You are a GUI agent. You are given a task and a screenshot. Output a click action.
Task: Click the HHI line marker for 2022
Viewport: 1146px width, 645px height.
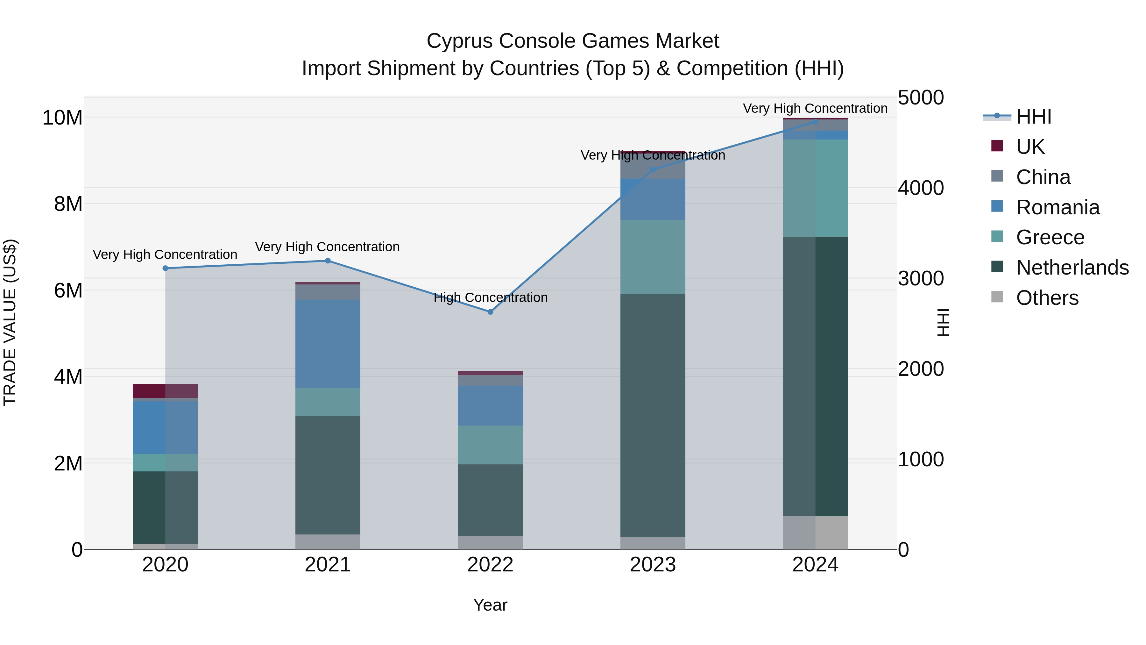(490, 312)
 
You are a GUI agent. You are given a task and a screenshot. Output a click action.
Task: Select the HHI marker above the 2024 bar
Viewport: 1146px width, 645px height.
(816, 122)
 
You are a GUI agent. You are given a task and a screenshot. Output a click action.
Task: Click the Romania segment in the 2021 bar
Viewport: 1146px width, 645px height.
(328, 344)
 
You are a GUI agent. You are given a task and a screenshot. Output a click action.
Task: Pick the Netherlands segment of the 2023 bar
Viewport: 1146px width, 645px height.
(653, 415)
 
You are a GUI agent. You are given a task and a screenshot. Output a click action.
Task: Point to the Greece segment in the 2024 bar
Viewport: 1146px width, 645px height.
(816, 188)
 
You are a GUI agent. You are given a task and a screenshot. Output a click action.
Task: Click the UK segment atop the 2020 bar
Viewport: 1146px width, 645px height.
(165, 391)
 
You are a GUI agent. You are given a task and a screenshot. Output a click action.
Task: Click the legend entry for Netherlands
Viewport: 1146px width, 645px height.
(1072, 268)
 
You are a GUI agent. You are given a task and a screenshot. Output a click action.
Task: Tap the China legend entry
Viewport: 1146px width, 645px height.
(1043, 177)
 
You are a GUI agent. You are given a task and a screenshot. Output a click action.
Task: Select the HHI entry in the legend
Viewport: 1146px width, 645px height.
(1033, 117)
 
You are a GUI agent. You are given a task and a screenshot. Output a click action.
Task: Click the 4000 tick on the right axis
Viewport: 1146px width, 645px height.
(920, 188)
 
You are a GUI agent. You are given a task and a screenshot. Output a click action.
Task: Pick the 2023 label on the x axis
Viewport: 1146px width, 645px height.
(653, 565)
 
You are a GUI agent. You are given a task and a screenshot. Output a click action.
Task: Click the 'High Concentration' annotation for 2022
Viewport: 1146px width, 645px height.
(490, 297)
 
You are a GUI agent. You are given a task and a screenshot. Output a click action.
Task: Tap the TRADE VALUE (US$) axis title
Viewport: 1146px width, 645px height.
(10, 322)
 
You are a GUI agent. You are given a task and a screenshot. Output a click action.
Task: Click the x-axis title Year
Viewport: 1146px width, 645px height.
(490, 605)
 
